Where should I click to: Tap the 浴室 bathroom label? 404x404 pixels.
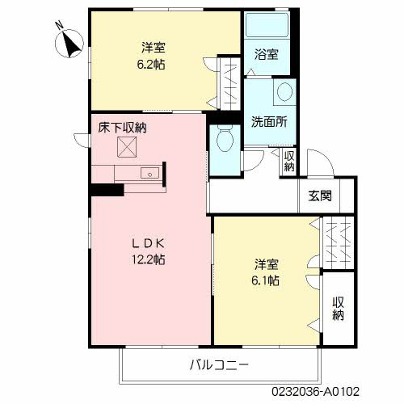(266, 55)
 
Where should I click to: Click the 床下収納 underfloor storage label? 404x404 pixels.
(123, 127)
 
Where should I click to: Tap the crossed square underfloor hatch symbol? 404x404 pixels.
(125, 147)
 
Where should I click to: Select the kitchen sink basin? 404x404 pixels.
(149, 174)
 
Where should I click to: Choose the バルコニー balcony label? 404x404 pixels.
(219, 364)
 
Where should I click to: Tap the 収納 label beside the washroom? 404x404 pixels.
(288, 162)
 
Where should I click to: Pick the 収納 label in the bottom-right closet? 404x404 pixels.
(338, 307)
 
